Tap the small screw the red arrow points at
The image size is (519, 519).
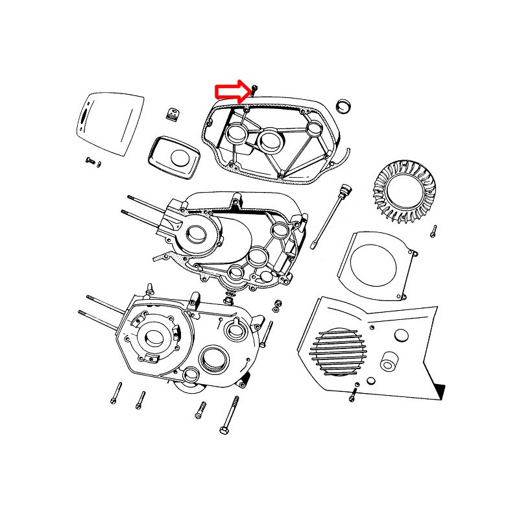pos(255,88)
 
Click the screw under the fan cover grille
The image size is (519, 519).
pos(354,392)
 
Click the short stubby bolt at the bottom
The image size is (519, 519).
pos(200,409)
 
